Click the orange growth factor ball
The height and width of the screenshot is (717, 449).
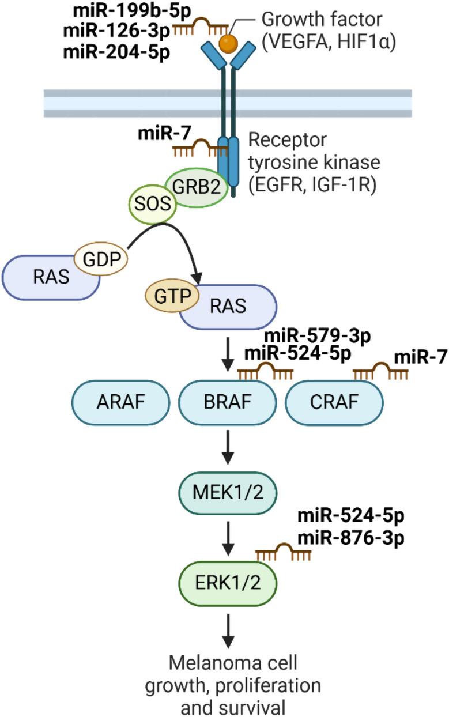point(229,42)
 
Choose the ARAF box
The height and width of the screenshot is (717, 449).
point(120,401)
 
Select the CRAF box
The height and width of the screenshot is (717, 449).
point(334,401)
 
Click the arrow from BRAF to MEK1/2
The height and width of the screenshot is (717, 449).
point(228,447)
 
